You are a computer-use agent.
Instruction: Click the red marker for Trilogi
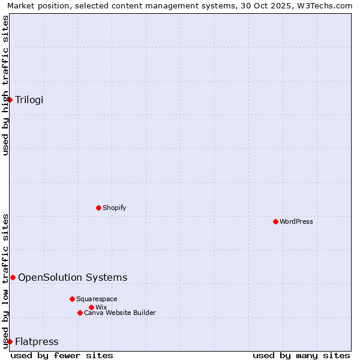coord(10,100)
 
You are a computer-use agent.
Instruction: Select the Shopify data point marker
coord(99,208)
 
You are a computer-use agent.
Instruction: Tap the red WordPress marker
coord(275,221)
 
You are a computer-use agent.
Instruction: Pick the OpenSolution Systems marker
coord(13,277)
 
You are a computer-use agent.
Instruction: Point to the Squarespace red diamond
coord(72,299)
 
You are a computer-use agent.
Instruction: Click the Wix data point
coord(91,307)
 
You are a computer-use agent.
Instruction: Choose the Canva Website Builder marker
coord(80,313)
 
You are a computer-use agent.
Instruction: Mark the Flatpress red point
coord(10,341)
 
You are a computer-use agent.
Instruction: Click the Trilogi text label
coord(29,100)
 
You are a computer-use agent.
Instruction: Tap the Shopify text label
coord(115,208)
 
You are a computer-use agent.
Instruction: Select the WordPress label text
coord(296,221)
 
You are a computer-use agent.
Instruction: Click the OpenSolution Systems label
coord(73,277)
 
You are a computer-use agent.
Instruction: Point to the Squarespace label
coord(97,299)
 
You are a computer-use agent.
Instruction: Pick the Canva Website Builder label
coord(120,313)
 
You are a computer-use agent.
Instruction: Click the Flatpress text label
coord(37,341)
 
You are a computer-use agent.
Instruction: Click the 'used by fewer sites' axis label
coord(62,355)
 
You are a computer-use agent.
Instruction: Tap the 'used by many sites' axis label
coord(301,355)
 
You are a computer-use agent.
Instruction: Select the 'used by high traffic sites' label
coord(5,85)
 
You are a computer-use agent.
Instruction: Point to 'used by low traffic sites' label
coord(5,281)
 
